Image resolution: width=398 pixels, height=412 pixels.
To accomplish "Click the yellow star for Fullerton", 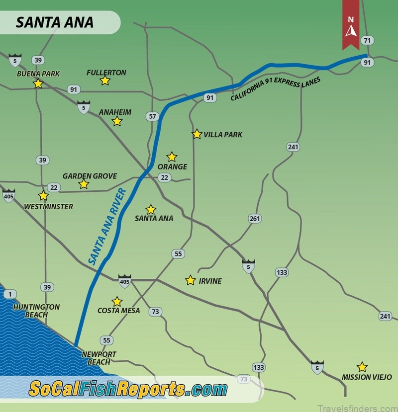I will click(x=105, y=81).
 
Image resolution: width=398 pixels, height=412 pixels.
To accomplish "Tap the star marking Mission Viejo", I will click(x=362, y=367).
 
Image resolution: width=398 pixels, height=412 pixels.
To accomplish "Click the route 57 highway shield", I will click(x=152, y=117).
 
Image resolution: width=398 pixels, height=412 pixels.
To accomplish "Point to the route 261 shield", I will click(x=255, y=219).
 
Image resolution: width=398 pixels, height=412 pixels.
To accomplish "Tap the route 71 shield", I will click(x=368, y=41).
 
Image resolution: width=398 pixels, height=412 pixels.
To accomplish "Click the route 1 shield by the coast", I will click(x=9, y=294).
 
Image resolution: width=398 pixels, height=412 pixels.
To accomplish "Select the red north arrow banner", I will click(x=351, y=25).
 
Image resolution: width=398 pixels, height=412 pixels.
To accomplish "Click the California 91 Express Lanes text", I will click(x=275, y=89).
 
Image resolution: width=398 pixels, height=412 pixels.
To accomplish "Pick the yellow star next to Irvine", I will click(x=190, y=280).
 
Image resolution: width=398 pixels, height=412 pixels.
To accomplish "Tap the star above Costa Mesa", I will click(x=117, y=302).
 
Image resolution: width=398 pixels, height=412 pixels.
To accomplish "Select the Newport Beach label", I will click(x=99, y=358).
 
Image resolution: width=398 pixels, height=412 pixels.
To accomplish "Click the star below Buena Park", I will click(x=38, y=83).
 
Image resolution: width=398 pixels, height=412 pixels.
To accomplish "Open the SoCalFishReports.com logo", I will click(x=128, y=389).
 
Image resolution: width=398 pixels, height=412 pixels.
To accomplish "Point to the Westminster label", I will click(x=48, y=207).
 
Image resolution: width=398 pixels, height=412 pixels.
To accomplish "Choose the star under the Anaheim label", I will click(x=117, y=121).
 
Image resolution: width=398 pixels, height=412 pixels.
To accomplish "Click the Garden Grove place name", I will click(x=90, y=176).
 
